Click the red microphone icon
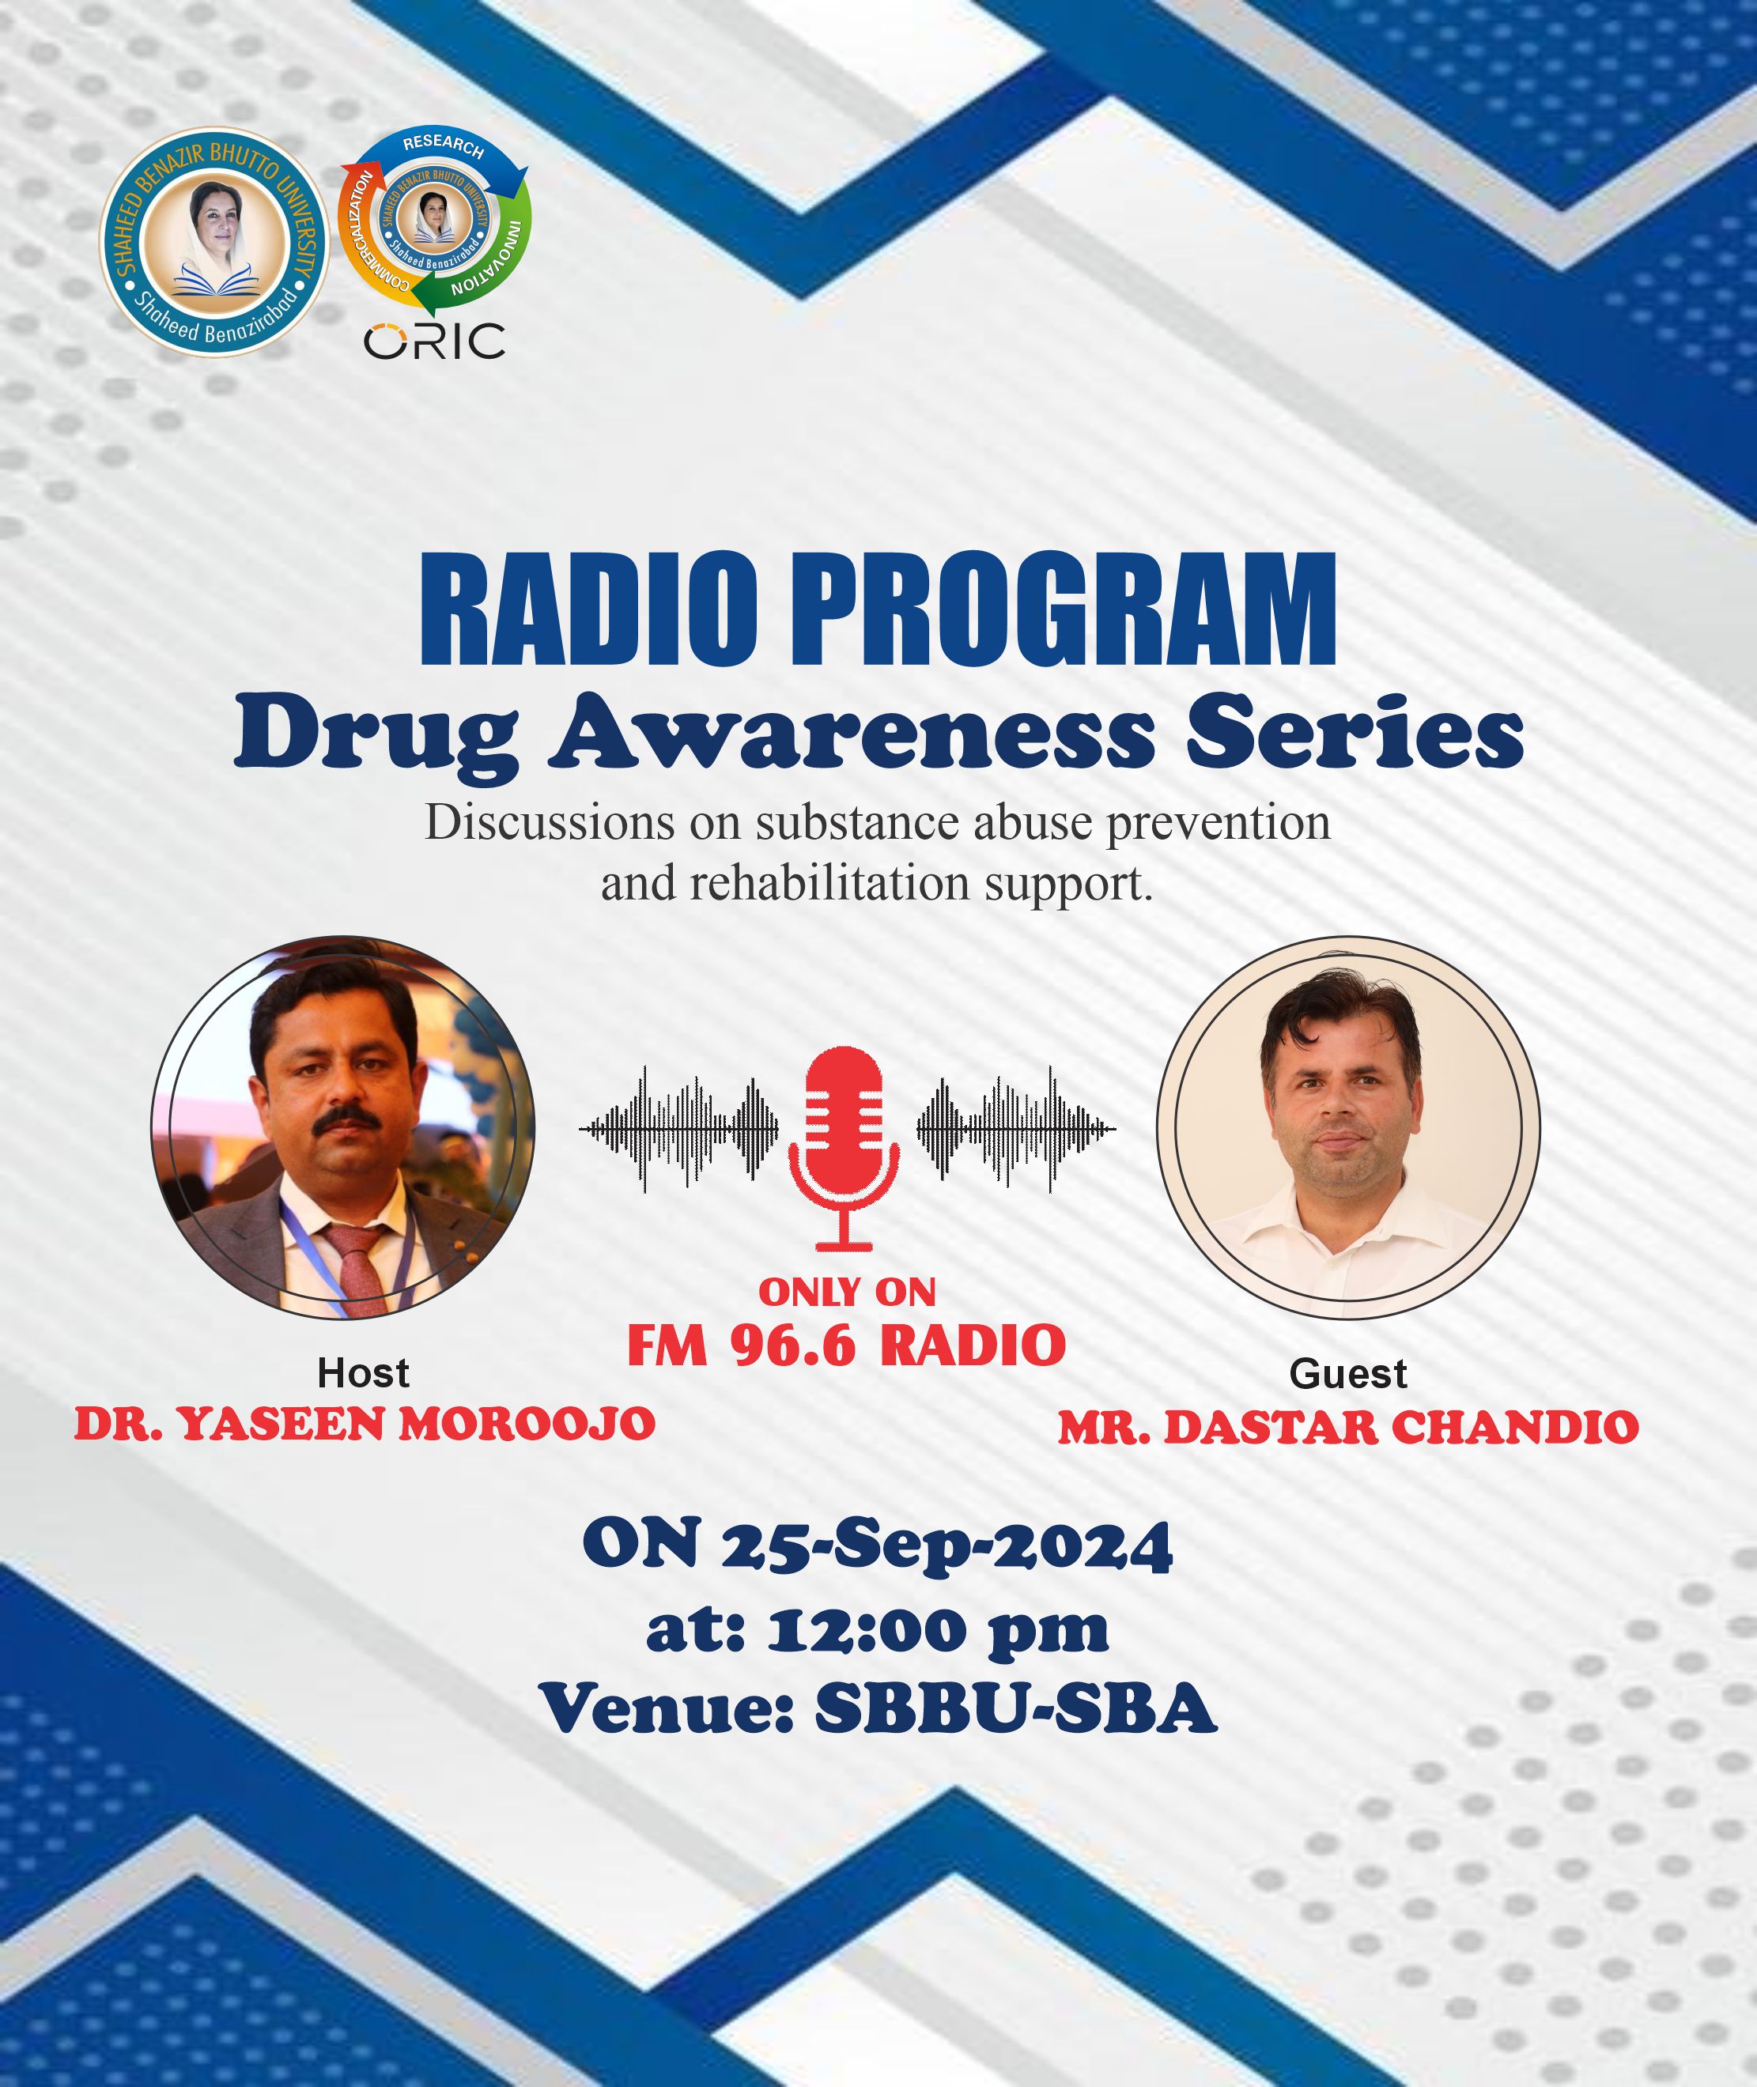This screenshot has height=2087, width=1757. click(x=844, y=1147)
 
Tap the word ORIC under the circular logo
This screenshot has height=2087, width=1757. click(x=434, y=342)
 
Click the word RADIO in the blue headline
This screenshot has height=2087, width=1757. click(x=588, y=609)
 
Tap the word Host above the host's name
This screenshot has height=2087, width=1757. click(x=364, y=1373)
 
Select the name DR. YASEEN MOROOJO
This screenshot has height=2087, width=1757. click(x=365, y=1424)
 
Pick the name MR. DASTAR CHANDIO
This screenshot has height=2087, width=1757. click(x=1349, y=1427)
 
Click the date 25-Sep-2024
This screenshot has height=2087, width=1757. click(x=947, y=1546)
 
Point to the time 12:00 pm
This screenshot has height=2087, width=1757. click(x=937, y=1632)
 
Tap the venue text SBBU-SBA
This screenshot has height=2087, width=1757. click(x=1016, y=1710)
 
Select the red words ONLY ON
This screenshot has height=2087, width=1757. click(x=848, y=1292)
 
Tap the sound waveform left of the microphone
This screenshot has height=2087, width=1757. click(x=678, y=1129)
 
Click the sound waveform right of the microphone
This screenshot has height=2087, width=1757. click(x=1016, y=1129)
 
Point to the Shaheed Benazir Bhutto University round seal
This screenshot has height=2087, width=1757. click(x=214, y=242)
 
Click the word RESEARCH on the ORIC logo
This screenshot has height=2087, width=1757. click(x=444, y=145)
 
